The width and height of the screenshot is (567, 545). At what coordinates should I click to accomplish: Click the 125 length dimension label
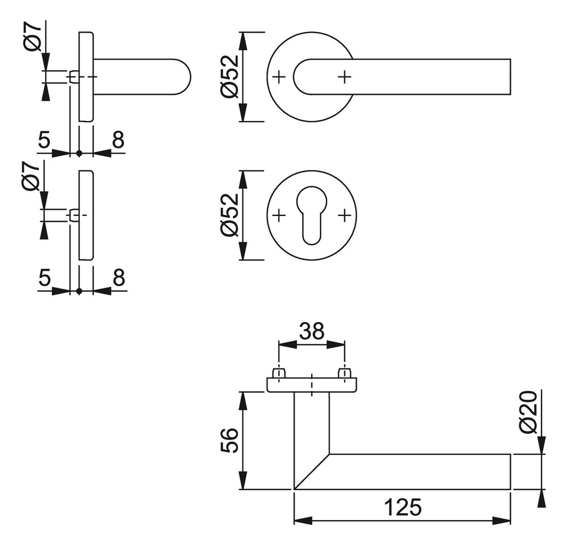pos(402,507)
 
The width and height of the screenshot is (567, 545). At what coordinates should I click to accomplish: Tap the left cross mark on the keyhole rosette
pos(278,215)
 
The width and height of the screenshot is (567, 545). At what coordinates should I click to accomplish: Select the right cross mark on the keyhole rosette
pos(344,215)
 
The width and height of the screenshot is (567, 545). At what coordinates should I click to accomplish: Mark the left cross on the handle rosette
pos(278,77)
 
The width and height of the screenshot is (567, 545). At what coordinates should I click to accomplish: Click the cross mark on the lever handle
pos(344,77)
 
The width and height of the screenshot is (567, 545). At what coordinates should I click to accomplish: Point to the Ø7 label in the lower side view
pos(32,176)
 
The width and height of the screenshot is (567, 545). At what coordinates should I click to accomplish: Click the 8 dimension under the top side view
pos(118,140)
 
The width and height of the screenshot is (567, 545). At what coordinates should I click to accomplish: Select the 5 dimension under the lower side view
pos(44,278)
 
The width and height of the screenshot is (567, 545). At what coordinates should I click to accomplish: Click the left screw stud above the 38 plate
pos(278,373)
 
